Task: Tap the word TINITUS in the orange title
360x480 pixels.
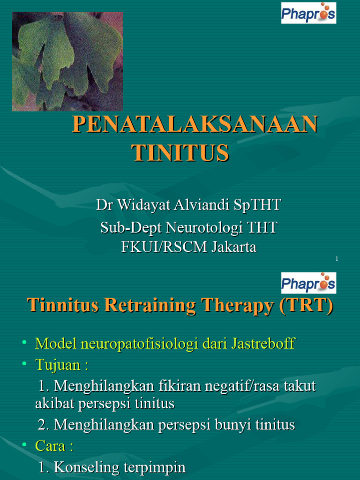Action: point(180,153)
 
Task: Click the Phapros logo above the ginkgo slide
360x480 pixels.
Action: point(308,13)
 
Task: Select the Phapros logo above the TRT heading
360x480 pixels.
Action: point(308,283)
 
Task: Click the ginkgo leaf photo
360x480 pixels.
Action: point(67,61)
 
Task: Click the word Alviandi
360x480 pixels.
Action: point(199,205)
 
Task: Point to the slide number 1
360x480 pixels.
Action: point(337,259)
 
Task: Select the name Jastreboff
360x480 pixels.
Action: point(263,344)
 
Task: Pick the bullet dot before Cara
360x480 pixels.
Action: point(23,445)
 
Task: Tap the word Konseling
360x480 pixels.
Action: point(82,467)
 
